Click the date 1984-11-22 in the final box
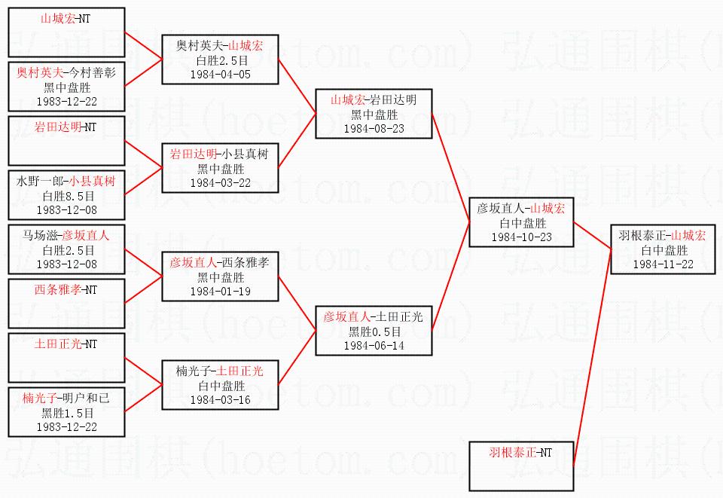pyautogui.click(x=663, y=264)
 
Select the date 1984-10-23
pyautogui.click(x=521, y=237)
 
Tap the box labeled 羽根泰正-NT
pyautogui.click(x=521, y=466)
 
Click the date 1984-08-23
pyautogui.click(x=374, y=129)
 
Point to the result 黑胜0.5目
pyautogui.click(x=374, y=331)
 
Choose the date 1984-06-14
pyautogui.click(x=374, y=345)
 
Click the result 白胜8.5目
pyautogui.click(x=67, y=196)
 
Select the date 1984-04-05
pyautogui.click(x=221, y=75)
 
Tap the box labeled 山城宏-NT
pyautogui.click(x=66, y=32)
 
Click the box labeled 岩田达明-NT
pyautogui.click(x=66, y=141)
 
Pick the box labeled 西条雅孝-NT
pyautogui.click(x=66, y=304)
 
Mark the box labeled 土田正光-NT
pyautogui.click(x=66, y=358)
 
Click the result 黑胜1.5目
pyautogui.click(x=67, y=413)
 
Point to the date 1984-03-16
pyautogui.click(x=221, y=400)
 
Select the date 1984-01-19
pyautogui.click(x=221, y=292)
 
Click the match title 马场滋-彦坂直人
pyautogui.click(x=66, y=235)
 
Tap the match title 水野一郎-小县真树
pyautogui.click(x=66, y=181)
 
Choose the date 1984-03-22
pyautogui.click(x=221, y=183)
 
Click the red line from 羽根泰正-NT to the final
pyautogui.click(x=593, y=357)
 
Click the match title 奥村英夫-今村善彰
pyautogui.click(x=66, y=72)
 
